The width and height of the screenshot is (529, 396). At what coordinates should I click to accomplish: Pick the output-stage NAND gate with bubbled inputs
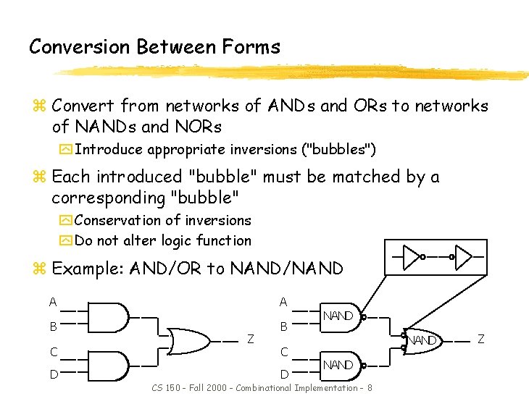(x=423, y=340)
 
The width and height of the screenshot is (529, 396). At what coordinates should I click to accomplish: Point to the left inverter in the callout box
(x=412, y=256)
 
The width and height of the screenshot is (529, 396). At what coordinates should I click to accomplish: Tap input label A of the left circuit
(x=53, y=301)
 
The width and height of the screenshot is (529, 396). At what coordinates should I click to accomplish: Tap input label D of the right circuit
(x=284, y=374)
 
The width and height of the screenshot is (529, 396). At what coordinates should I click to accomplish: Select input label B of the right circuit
(x=284, y=327)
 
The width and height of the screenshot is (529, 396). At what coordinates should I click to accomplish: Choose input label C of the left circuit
(x=53, y=352)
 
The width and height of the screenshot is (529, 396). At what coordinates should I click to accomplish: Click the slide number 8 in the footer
(x=370, y=388)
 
